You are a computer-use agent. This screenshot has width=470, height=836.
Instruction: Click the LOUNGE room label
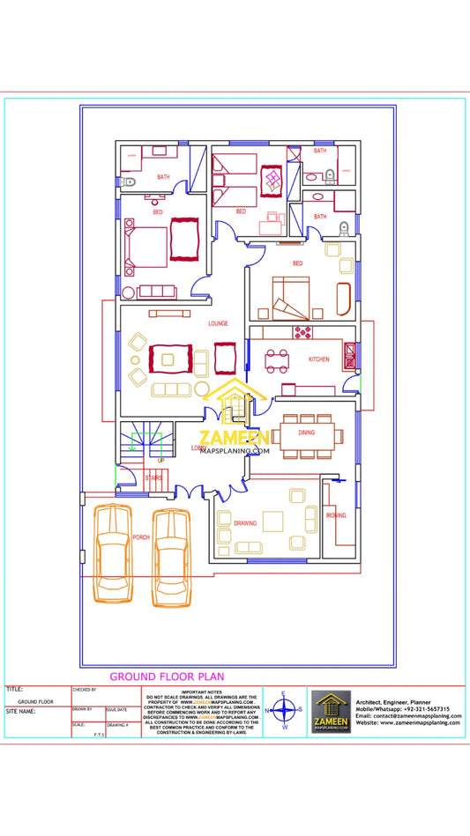(218, 323)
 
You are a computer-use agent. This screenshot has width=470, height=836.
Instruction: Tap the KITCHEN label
(318, 359)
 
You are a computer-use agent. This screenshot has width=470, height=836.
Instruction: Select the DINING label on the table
(306, 433)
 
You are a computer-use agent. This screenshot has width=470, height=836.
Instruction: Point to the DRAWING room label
(245, 523)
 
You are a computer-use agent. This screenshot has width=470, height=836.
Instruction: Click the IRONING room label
(336, 514)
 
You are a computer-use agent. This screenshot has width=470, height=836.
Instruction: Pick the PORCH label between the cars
(141, 536)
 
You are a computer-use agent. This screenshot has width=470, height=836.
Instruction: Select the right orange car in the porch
(172, 557)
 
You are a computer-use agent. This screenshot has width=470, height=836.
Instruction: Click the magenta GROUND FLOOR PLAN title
(167, 677)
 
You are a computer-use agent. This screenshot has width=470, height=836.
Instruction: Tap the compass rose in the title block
(284, 710)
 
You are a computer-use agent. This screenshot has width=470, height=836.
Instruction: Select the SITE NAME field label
(20, 710)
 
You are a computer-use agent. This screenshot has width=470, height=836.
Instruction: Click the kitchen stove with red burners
(303, 332)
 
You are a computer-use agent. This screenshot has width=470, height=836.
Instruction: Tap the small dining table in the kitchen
(277, 359)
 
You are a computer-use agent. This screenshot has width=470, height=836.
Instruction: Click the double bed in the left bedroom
(147, 247)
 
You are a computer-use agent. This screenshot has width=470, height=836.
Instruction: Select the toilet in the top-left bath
(130, 182)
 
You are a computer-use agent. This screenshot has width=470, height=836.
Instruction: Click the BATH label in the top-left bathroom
(163, 177)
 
